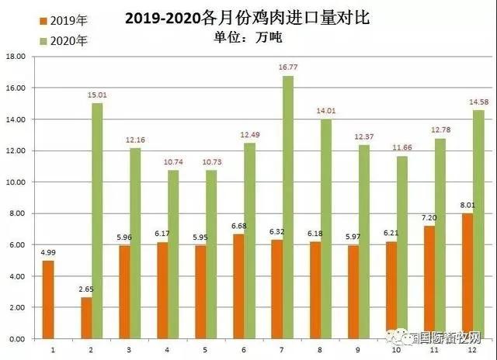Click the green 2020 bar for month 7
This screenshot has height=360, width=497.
tap(287, 207)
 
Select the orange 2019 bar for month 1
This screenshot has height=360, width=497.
tap(48, 299)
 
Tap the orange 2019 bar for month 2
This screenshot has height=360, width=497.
tap(86, 318)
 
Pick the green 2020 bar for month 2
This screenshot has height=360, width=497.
tap(98, 221)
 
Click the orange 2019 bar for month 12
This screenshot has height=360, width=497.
tap(467, 276)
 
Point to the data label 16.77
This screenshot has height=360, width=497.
tap(287, 68)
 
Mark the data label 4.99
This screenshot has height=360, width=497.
tap(48, 254)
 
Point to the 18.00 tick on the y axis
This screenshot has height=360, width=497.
tap(16, 57)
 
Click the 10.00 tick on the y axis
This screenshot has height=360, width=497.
tap(16, 182)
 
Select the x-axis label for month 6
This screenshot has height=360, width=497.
tap(244, 350)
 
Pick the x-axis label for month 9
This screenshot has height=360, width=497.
tap(358, 350)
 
